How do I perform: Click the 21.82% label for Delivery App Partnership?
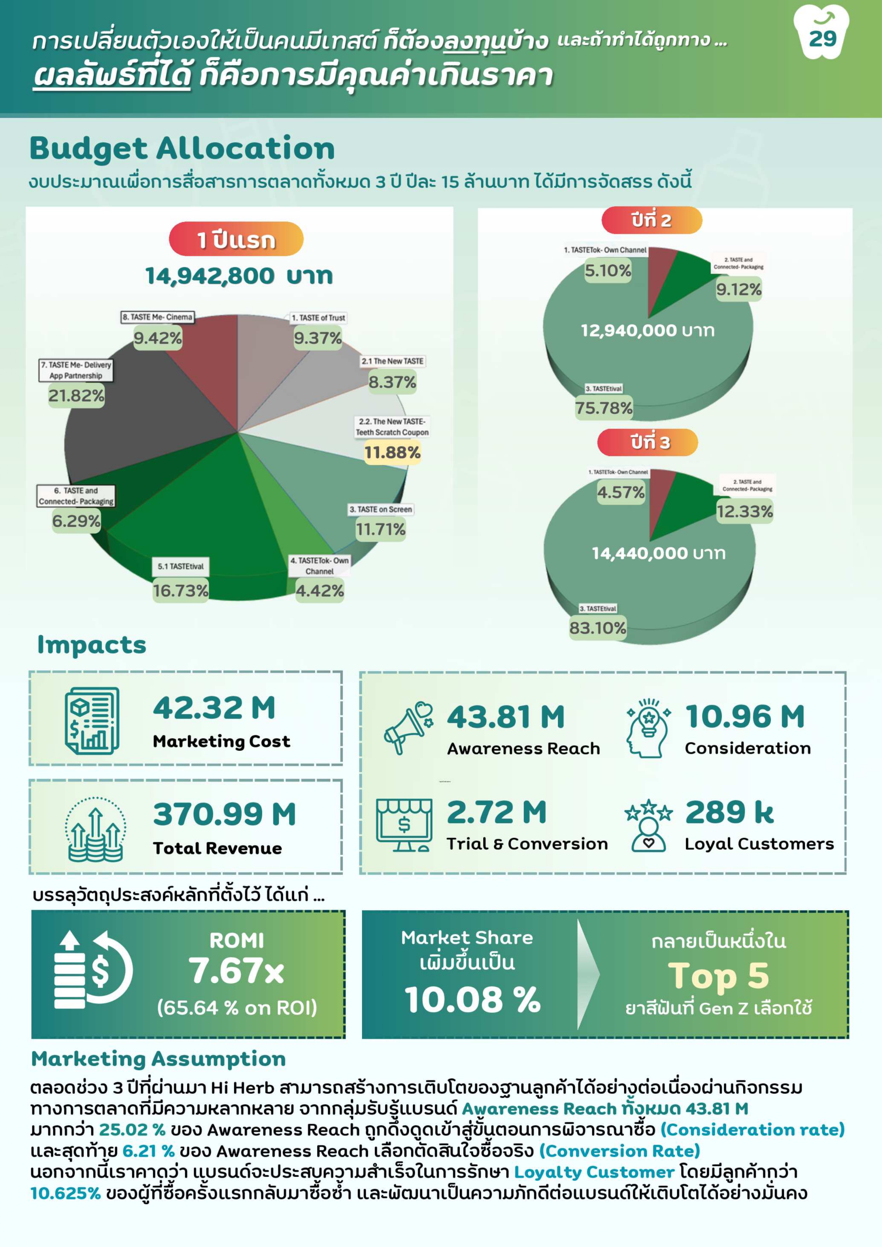tap(76, 396)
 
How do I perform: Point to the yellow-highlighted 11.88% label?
tap(392, 452)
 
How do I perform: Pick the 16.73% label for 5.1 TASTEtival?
tap(180, 590)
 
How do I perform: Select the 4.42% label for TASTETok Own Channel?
tap(319, 590)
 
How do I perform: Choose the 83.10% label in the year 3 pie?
tap(597, 628)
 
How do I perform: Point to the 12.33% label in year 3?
tap(744, 511)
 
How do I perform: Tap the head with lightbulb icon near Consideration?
tap(648, 728)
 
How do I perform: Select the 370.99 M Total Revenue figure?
tap(224, 815)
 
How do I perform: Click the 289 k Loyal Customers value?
tap(729, 812)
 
